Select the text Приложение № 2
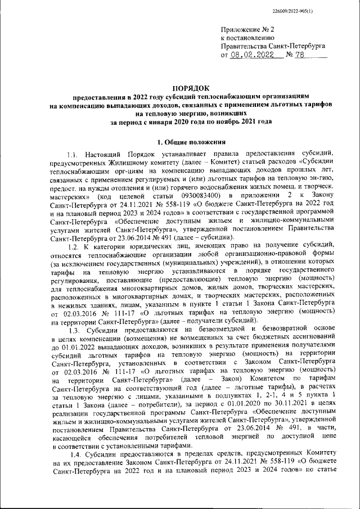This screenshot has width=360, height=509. click(x=247, y=29)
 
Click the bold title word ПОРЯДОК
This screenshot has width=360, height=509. click(x=190, y=88)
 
